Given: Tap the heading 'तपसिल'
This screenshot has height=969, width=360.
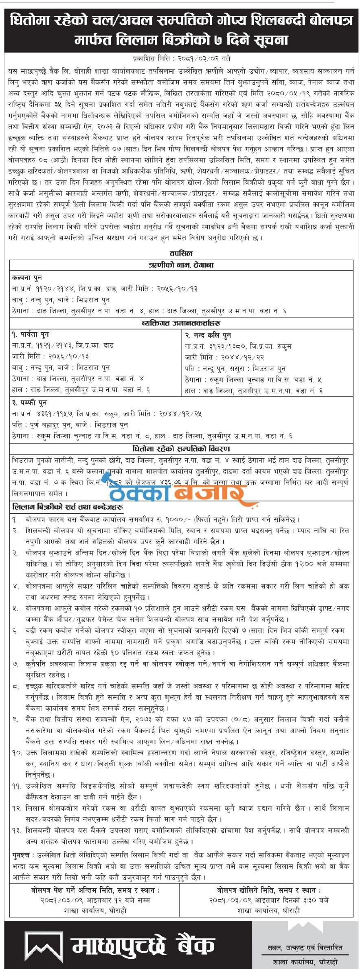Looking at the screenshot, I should (180, 254).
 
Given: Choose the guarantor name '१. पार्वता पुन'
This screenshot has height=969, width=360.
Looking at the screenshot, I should (31, 334).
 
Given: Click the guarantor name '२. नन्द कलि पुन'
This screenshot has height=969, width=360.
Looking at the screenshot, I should (208, 335).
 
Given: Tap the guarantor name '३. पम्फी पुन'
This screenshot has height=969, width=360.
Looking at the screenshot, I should (29, 402).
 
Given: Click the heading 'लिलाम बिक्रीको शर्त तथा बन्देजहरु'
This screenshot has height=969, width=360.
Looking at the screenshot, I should (68, 508).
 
